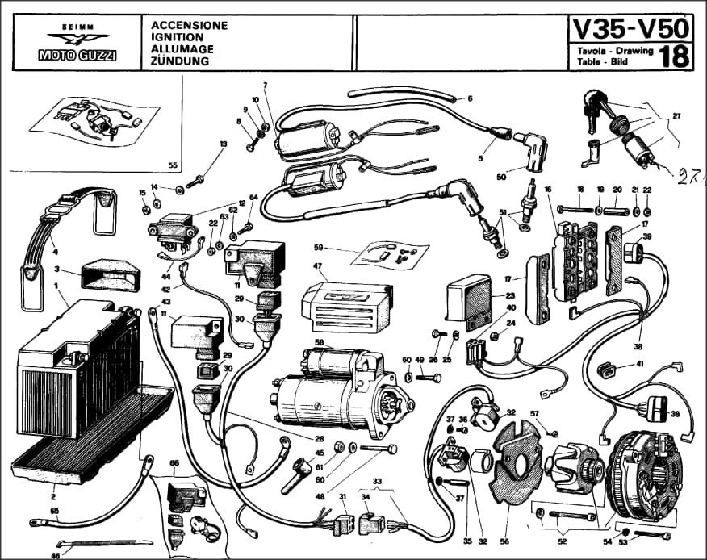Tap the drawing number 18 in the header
click(x=674, y=56)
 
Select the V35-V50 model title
click(x=631, y=28)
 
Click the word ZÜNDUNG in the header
click(x=180, y=61)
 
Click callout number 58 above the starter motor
click(x=319, y=343)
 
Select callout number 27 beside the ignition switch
click(x=676, y=115)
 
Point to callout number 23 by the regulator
click(x=510, y=296)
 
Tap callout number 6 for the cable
click(x=469, y=98)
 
